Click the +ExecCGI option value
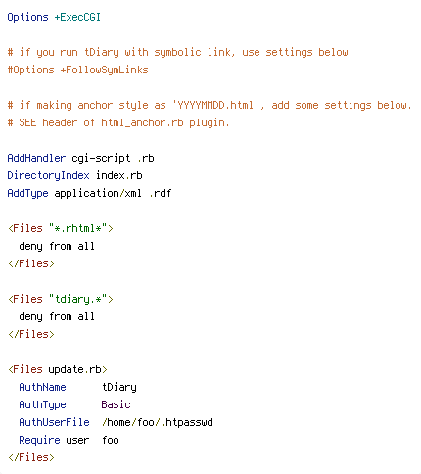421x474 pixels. click(x=77, y=17)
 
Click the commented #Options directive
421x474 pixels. click(x=31, y=71)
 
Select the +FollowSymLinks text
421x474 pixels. click(x=104, y=71)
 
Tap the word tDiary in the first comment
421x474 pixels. click(x=102, y=53)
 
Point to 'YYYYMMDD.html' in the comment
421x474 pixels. click(x=215, y=105)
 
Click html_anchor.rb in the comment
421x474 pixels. click(x=142, y=122)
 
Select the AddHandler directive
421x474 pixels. click(x=36, y=158)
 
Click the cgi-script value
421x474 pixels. click(x=101, y=159)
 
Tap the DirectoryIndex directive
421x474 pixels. click(x=48, y=176)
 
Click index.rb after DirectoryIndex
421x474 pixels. click(x=119, y=175)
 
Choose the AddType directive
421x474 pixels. click(x=27, y=194)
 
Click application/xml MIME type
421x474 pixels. click(x=98, y=194)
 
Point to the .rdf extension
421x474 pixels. click(x=161, y=193)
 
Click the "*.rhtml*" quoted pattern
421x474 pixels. click(x=78, y=228)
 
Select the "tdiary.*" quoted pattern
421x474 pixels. click(x=78, y=299)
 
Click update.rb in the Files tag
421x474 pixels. click(x=74, y=369)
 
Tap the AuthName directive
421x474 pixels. click(x=42, y=387)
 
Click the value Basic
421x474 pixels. click(x=116, y=404)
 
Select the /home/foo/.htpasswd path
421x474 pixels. click(x=158, y=422)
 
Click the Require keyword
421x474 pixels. click(x=39, y=440)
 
